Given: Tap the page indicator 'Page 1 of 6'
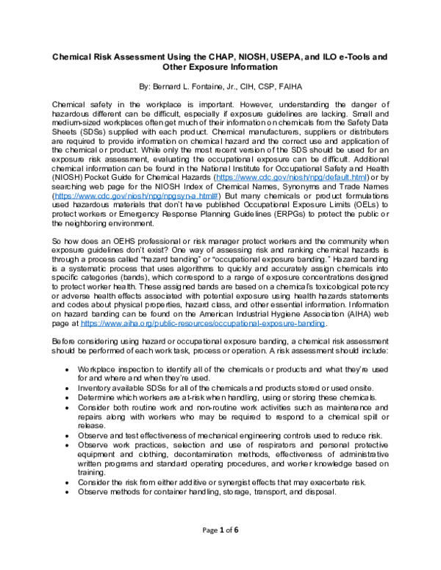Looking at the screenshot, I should click(220, 548).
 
